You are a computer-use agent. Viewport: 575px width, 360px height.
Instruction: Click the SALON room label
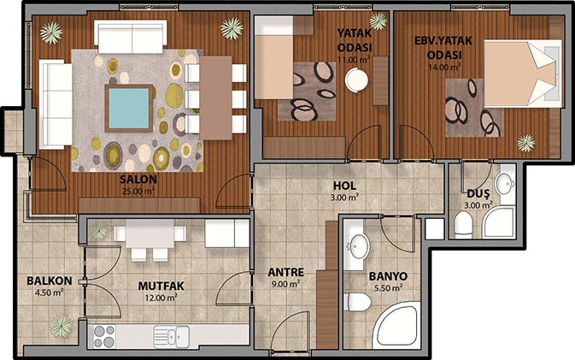pyautogui.click(x=138, y=179)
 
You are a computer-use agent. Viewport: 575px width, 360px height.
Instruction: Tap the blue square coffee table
pyautogui.click(x=129, y=109)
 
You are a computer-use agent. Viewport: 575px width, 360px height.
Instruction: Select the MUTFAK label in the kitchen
pyautogui.click(x=161, y=286)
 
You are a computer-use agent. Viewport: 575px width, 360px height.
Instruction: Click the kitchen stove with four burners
pyautogui.click(x=103, y=337)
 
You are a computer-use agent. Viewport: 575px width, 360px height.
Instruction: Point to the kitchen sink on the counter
pyautogui.click(x=172, y=337)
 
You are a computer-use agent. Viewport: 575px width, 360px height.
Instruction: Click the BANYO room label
pyautogui.click(x=388, y=276)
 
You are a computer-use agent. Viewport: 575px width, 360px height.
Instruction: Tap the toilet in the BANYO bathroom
pyautogui.click(x=357, y=302)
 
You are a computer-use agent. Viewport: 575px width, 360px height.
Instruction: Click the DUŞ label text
pyautogui.click(x=478, y=193)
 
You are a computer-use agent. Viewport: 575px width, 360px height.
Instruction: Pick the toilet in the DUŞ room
pyautogui.click(x=463, y=223)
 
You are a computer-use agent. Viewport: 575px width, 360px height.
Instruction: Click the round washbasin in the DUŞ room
pyautogui.click(x=505, y=183)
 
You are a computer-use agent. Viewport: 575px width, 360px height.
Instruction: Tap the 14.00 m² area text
pyautogui.click(x=444, y=68)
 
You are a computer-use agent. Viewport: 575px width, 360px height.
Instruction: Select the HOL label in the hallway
pyautogui.click(x=344, y=186)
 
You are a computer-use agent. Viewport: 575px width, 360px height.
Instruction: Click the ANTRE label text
pyautogui.click(x=286, y=272)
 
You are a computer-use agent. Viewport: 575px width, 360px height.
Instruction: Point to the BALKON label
pyautogui.click(x=50, y=281)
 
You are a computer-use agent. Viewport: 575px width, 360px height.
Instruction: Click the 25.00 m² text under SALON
pyautogui.click(x=138, y=191)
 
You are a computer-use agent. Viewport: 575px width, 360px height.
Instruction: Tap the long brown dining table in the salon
pyautogui.click(x=215, y=98)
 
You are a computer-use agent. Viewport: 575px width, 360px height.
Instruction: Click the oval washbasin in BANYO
pyautogui.click(x=359, y=246)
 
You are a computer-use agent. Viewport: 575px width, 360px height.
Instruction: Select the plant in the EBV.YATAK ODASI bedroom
pyautogui.click(x=525, y=143)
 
